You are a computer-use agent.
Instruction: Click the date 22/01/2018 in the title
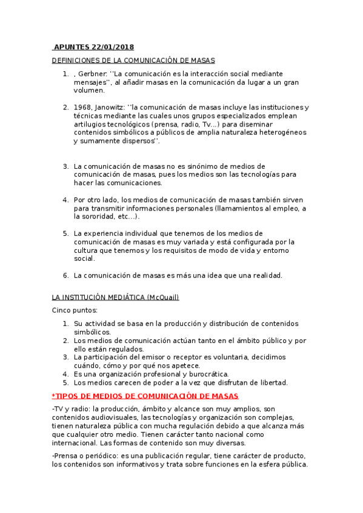[x=112, y=47]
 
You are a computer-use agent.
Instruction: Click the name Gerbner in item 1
[x=92, y=73]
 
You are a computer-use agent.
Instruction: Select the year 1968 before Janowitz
[x=84, y=107]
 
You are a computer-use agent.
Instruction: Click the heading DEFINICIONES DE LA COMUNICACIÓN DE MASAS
[x=133, y=60]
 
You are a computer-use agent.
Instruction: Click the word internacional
[x=76, y=443]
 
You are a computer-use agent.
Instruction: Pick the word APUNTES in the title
[x=72, y=47]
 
